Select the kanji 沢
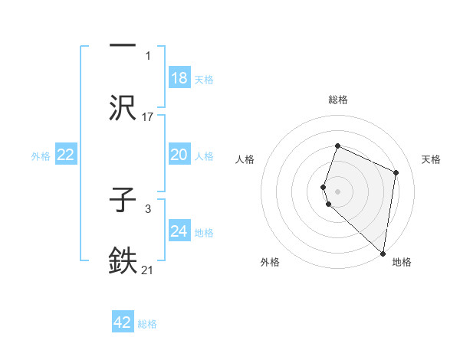123,108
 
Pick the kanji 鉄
123,261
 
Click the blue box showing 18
179,78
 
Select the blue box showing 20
179,155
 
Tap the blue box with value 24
179,231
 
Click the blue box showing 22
66,155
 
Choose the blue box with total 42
123,322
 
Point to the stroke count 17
148,117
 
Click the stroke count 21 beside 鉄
148,270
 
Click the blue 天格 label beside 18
204,79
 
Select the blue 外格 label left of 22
41,155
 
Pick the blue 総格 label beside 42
147,324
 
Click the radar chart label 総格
337,100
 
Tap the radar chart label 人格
245,159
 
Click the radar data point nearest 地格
383,254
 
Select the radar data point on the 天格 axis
396,172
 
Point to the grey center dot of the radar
337,191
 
